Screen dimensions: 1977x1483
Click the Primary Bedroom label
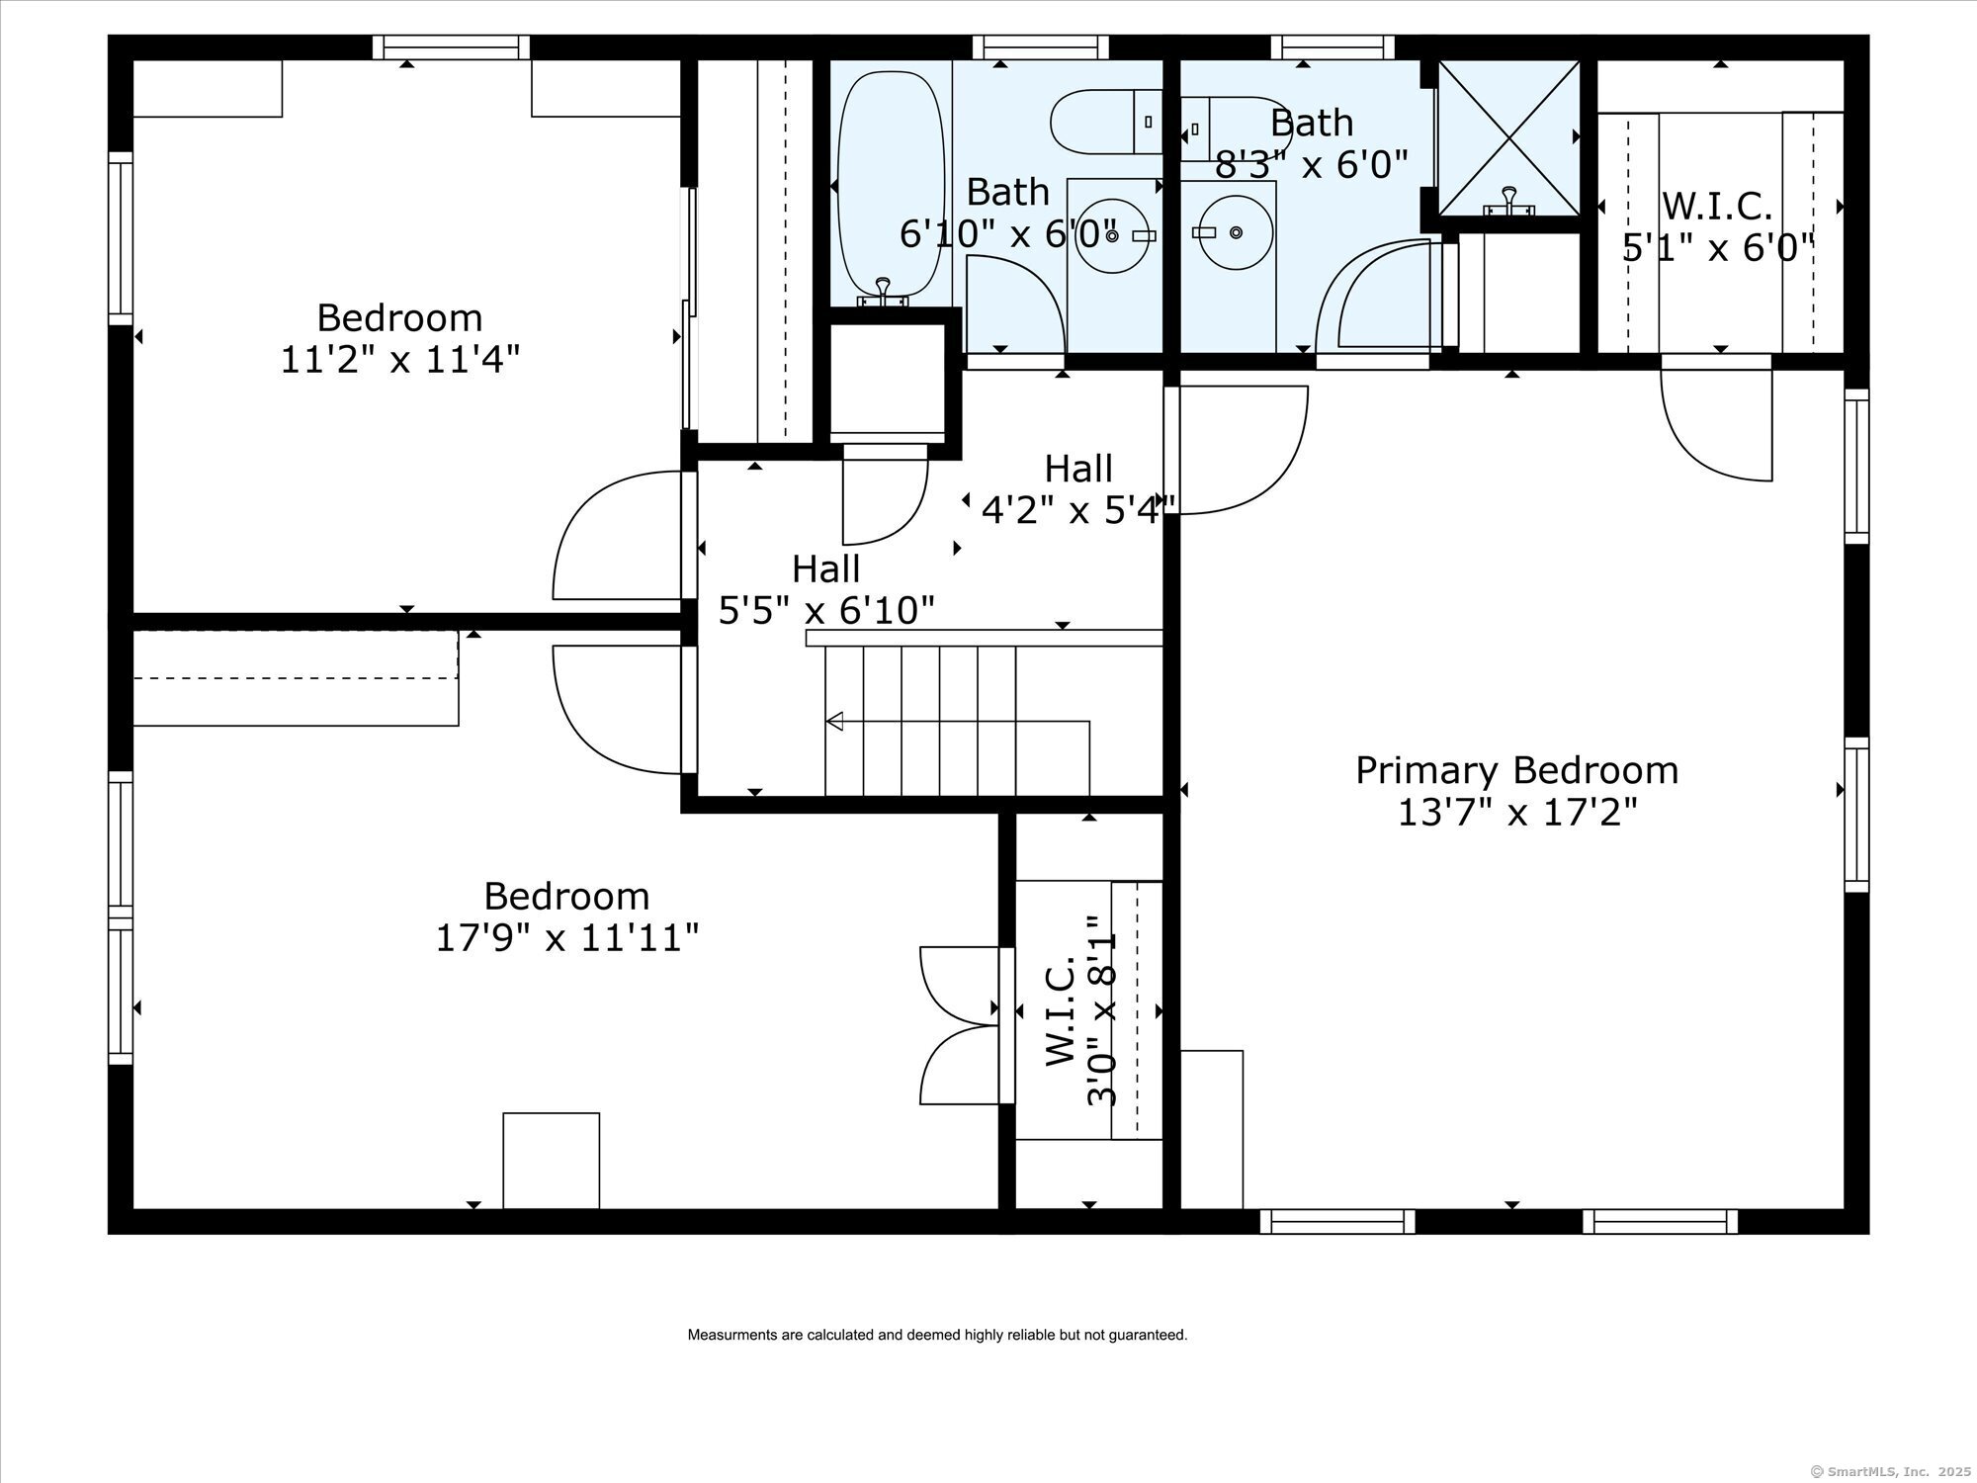1516,770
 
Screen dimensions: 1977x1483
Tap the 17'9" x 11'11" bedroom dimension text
567,937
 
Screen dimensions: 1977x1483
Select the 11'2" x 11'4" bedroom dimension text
400,359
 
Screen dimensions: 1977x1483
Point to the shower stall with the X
1508,137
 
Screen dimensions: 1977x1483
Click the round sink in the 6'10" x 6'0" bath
1113,234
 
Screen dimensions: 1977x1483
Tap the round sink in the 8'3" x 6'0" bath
1235,232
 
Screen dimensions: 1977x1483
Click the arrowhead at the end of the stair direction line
834,722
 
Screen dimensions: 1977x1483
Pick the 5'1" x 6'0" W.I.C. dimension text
1719,247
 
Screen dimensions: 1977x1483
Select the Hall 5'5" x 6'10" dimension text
826,611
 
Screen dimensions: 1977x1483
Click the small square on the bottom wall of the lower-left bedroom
552,1161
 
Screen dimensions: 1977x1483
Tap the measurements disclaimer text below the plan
937,1335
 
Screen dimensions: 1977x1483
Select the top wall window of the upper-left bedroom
452,47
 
